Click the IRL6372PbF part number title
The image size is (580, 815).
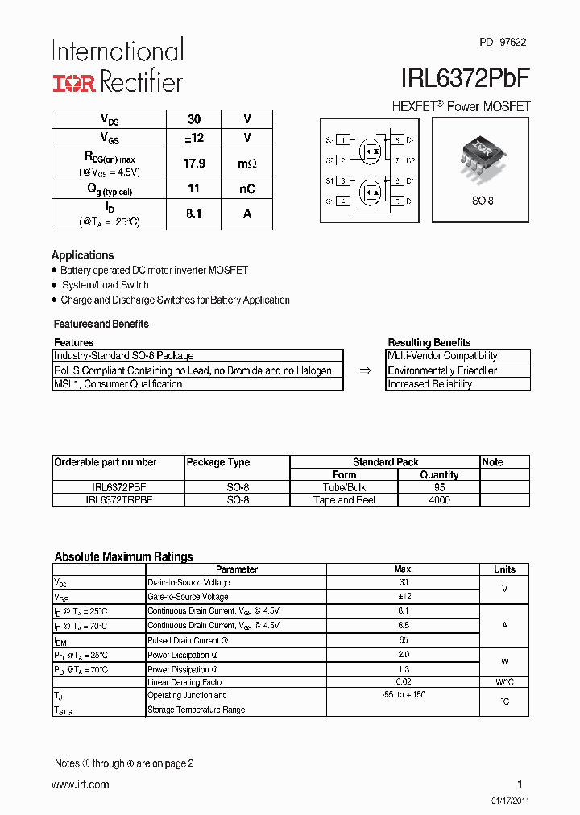click(466, 78)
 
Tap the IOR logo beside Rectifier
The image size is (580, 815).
click(74, 82)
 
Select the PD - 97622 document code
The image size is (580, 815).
click(503, 43)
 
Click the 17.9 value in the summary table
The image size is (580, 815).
click(194, 163)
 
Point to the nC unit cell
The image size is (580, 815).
click(246, 189)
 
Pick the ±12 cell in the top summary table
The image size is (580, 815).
click(194, 138)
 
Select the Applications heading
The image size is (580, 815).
click(83, 255)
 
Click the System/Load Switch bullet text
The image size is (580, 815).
click(106, 285)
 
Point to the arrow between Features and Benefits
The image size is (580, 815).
click(364, 370)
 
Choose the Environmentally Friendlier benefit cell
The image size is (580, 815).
click(442, 370)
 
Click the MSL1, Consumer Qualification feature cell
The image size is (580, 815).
click(118, 384)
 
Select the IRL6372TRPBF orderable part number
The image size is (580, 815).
click(118, 500)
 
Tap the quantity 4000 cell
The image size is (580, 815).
click(439, 500)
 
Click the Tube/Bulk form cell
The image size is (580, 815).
click(344, 487)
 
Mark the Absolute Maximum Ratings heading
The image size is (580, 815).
click(123, 556)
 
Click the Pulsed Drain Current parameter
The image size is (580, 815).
click(183, 640)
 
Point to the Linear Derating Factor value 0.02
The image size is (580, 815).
click(404, 682)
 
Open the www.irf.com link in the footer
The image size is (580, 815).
click(80, 784)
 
